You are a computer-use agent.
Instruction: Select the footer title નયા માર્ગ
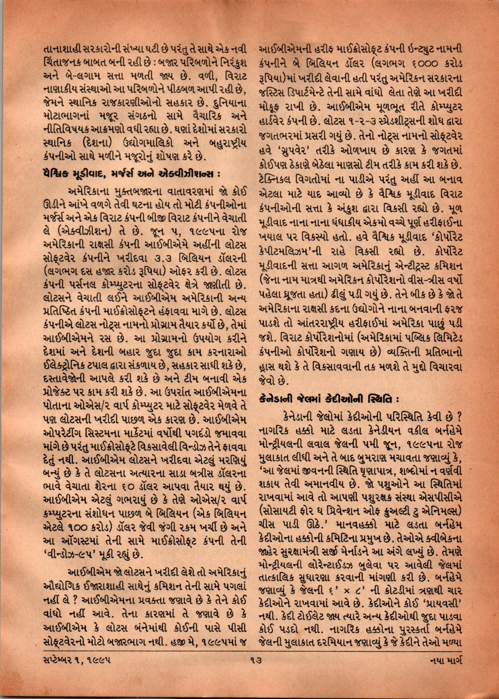(x=445, y=667)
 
